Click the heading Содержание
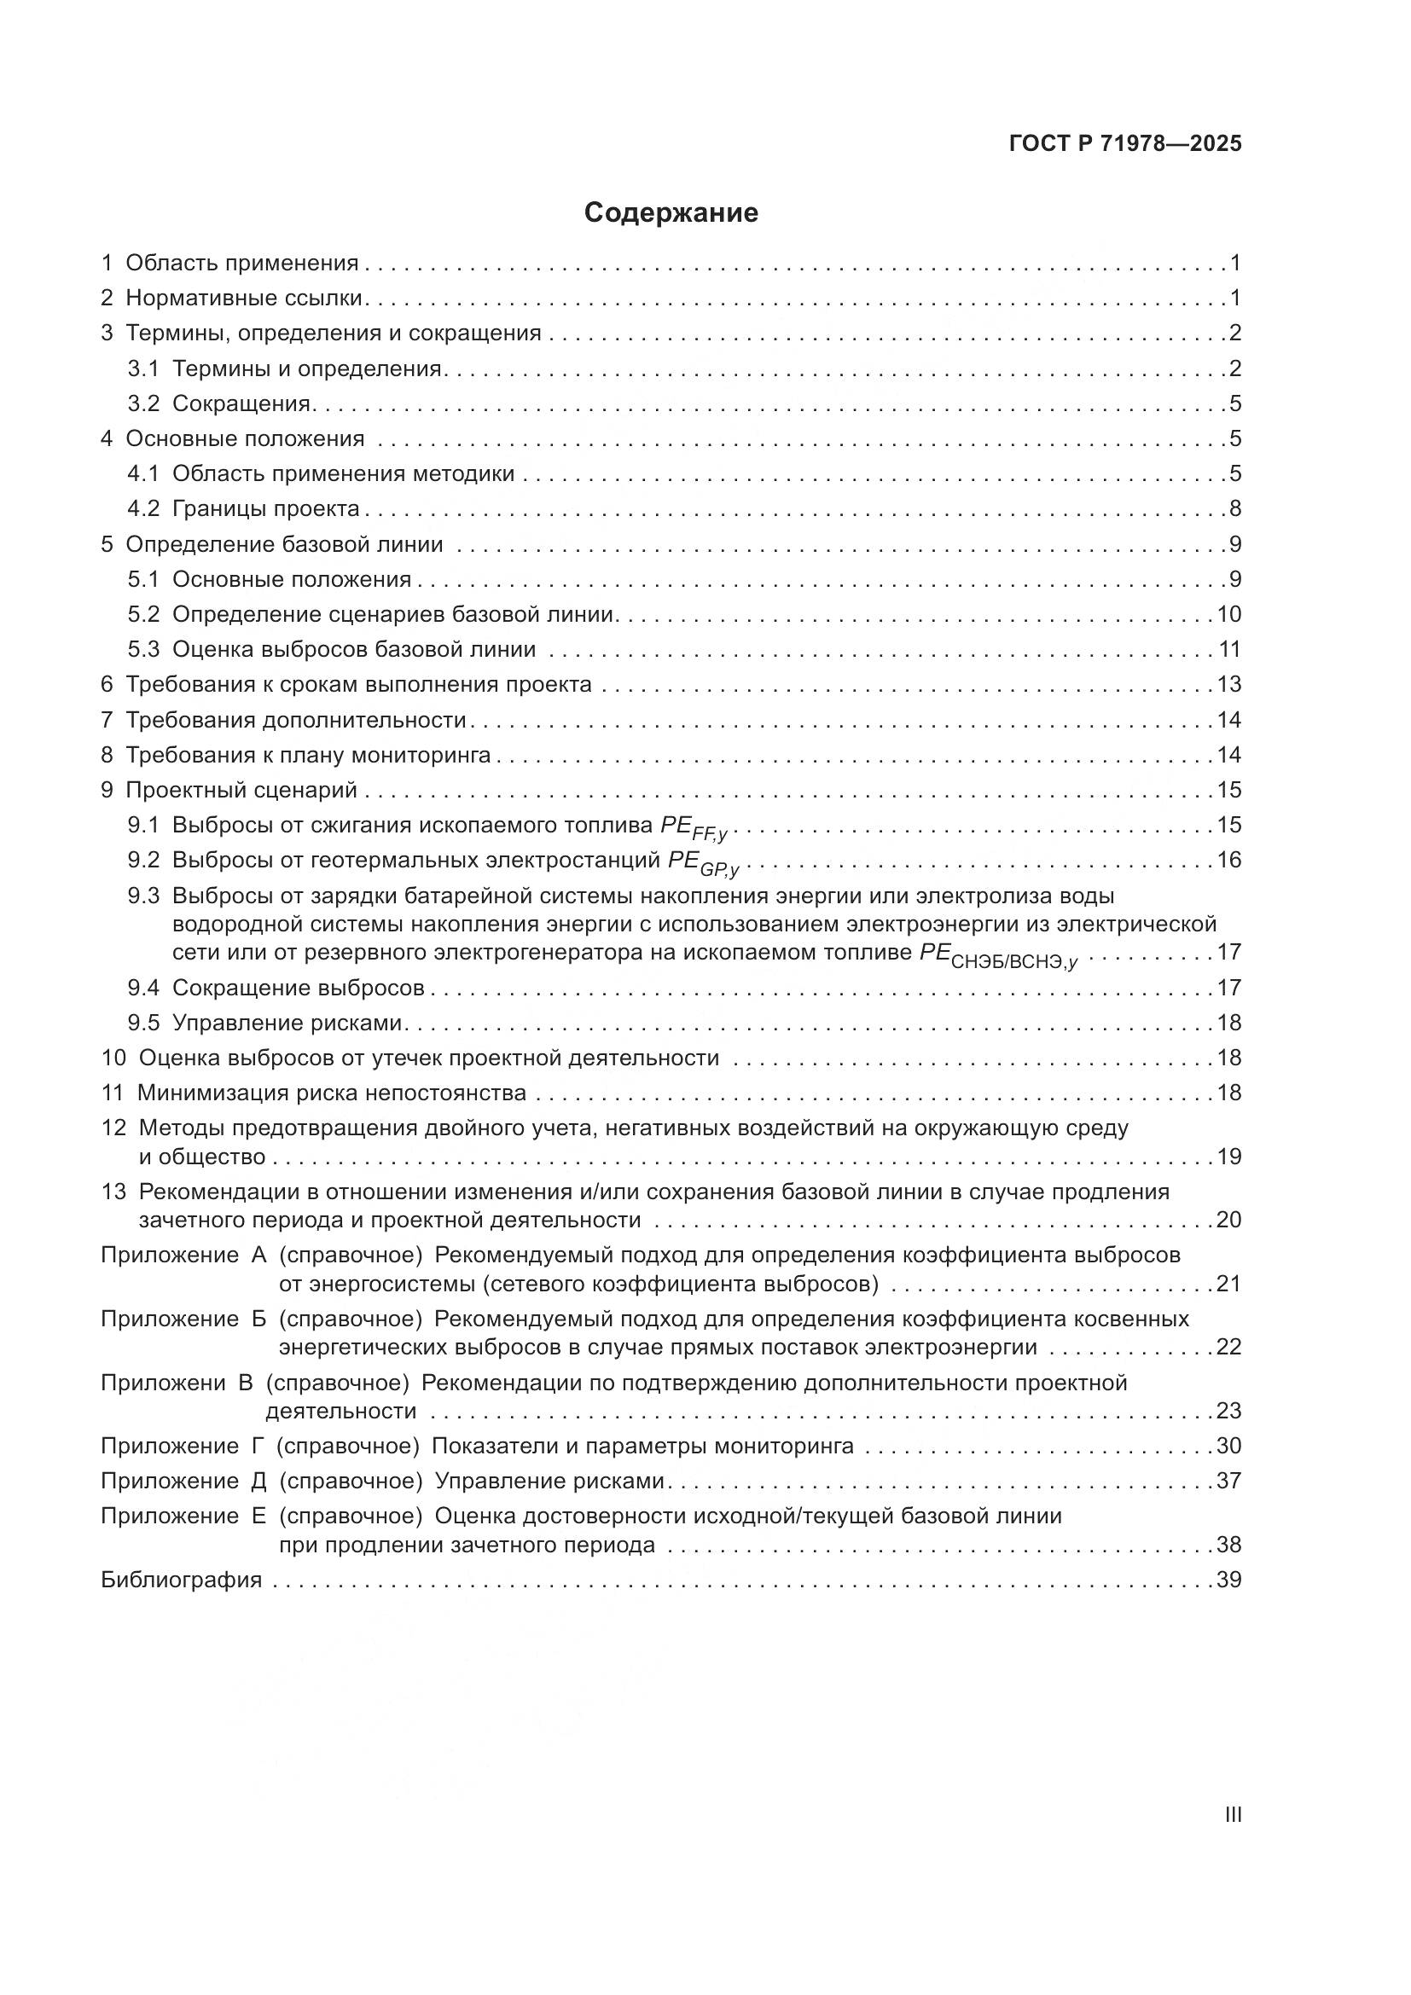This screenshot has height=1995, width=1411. [671, 213]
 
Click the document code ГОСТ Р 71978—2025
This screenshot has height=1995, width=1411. [1125, 144]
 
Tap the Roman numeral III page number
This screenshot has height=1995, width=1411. [1232, 1814]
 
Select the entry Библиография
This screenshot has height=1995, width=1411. [182, 1580]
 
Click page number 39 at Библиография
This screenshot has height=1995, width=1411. [1228, 1580]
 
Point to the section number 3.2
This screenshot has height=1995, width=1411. [143, 403]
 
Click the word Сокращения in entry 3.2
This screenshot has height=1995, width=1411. [241, 403]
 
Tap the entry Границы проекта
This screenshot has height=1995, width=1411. [266, 508]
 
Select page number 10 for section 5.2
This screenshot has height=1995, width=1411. [1228, 614]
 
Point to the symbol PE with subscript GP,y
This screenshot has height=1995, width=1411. [702, 863]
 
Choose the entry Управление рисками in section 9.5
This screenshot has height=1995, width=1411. [287, 1023]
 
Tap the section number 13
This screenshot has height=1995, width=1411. [113, 1192]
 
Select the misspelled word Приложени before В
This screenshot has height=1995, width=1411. [162, 1383]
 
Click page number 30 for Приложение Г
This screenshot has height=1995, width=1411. [1228, 1446]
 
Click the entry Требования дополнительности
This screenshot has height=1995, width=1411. [296, 720]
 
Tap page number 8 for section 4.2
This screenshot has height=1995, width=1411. [1234, 508]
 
